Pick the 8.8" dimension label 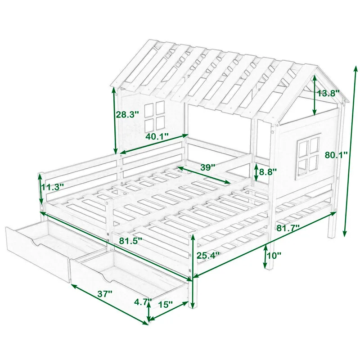pyautogui.click(x=268, y=171)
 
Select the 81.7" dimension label pyautogui.click(x=288, y=228)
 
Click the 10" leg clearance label pyautogui.click(x=273, y=255)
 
